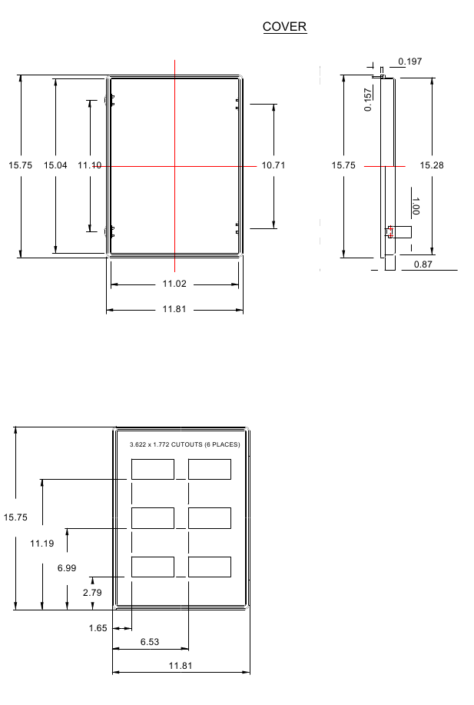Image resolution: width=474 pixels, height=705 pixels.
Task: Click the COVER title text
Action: [284, 27]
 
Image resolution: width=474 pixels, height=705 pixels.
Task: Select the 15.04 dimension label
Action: [55, 165]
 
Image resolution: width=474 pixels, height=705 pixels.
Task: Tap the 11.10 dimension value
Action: [89, 165]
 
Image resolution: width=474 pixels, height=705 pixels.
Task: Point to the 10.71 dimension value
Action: [273, 165]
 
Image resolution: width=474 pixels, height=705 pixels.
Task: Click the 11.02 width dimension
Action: [174, 284]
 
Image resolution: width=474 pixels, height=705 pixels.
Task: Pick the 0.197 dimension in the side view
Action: [409, 62]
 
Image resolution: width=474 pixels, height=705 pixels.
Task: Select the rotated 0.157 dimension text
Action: [368, 99]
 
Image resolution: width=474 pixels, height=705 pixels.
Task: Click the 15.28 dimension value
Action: [432, 165]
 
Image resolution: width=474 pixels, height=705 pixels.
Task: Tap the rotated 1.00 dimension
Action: [416, 206]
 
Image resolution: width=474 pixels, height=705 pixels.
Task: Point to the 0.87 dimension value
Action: [423, 264]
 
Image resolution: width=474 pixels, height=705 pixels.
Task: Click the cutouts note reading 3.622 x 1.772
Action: [184, 444]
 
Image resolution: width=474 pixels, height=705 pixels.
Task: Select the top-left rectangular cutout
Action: [153, 470]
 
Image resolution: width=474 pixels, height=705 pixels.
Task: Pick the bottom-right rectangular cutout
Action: [210, 567]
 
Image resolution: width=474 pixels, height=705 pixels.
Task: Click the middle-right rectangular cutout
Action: [210, 518]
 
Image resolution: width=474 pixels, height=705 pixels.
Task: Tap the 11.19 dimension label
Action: [41, 544]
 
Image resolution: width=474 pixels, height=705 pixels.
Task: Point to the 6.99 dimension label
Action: [67, 568]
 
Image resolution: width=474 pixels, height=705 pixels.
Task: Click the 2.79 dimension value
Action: [92, 593]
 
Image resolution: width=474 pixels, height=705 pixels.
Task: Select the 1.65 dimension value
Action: [98, 628]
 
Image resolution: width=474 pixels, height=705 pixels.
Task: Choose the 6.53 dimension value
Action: [150, 642]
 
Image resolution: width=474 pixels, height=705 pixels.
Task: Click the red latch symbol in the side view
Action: [390, 231]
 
